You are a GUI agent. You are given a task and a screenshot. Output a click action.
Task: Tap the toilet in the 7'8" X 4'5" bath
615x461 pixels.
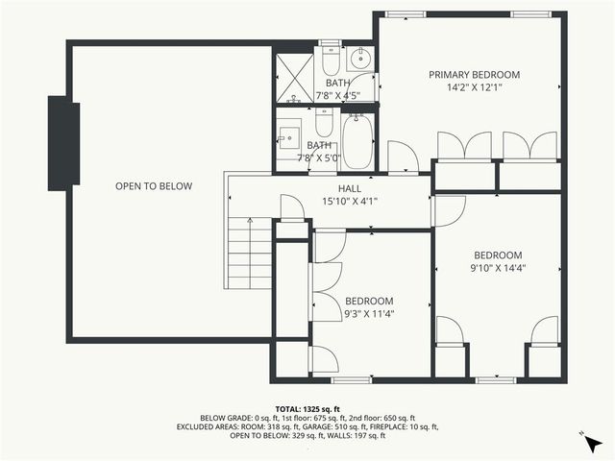330,61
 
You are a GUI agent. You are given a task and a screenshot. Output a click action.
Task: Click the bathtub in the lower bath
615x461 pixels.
357,141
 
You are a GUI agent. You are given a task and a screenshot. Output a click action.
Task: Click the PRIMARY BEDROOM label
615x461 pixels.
474,75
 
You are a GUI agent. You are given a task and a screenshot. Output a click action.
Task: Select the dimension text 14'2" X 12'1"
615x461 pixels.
474,88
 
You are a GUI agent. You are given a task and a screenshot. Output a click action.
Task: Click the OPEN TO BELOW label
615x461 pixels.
154,186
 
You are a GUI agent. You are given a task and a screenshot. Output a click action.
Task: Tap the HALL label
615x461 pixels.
349,189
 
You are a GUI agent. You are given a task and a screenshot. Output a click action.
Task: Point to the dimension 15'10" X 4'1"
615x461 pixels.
349,202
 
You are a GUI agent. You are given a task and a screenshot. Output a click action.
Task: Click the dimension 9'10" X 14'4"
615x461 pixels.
498,268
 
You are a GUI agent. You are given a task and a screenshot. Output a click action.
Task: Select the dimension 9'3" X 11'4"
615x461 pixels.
369,314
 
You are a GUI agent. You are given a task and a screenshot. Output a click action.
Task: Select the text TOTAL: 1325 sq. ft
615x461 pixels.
307,408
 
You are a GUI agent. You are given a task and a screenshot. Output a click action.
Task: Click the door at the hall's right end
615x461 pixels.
449,209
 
